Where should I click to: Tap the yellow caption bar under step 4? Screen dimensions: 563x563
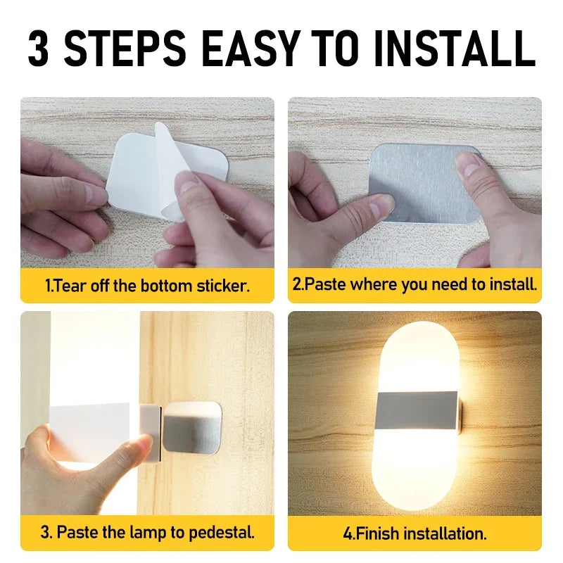(x=415, y=532)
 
